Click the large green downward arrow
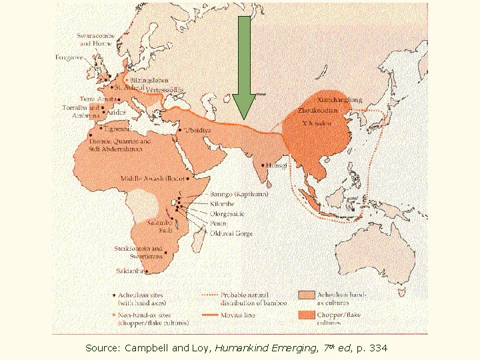tap(244, 67)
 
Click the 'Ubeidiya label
tap(197, 130)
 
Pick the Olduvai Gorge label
tap(231, 234)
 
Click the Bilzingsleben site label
tap(149, 80)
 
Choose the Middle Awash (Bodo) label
tap(152, 179)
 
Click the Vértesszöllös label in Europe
tap(164, 90)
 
